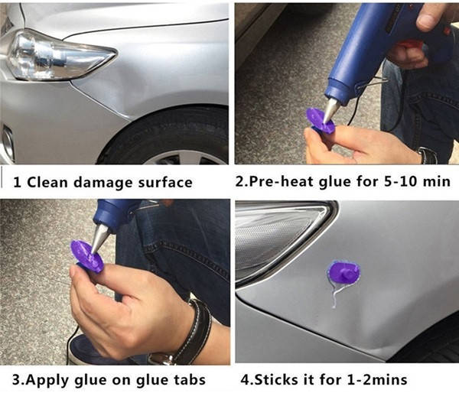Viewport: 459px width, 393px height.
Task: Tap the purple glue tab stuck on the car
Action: coord(343,272)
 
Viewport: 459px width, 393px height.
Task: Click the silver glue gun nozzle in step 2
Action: coord(331,111)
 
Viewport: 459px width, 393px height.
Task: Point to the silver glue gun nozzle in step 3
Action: coord(99,239)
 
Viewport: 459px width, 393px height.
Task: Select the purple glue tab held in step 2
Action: coord(320,121)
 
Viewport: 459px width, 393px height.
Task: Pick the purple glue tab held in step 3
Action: coord(86,256)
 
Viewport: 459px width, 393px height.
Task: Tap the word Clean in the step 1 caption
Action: coord(47,182)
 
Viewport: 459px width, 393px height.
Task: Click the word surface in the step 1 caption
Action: coord(165,183)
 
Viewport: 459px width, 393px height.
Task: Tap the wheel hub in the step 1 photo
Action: coord(187,158)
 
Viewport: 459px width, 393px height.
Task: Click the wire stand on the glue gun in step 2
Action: coord(369,83)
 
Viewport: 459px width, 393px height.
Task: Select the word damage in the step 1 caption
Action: coord(103,184)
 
